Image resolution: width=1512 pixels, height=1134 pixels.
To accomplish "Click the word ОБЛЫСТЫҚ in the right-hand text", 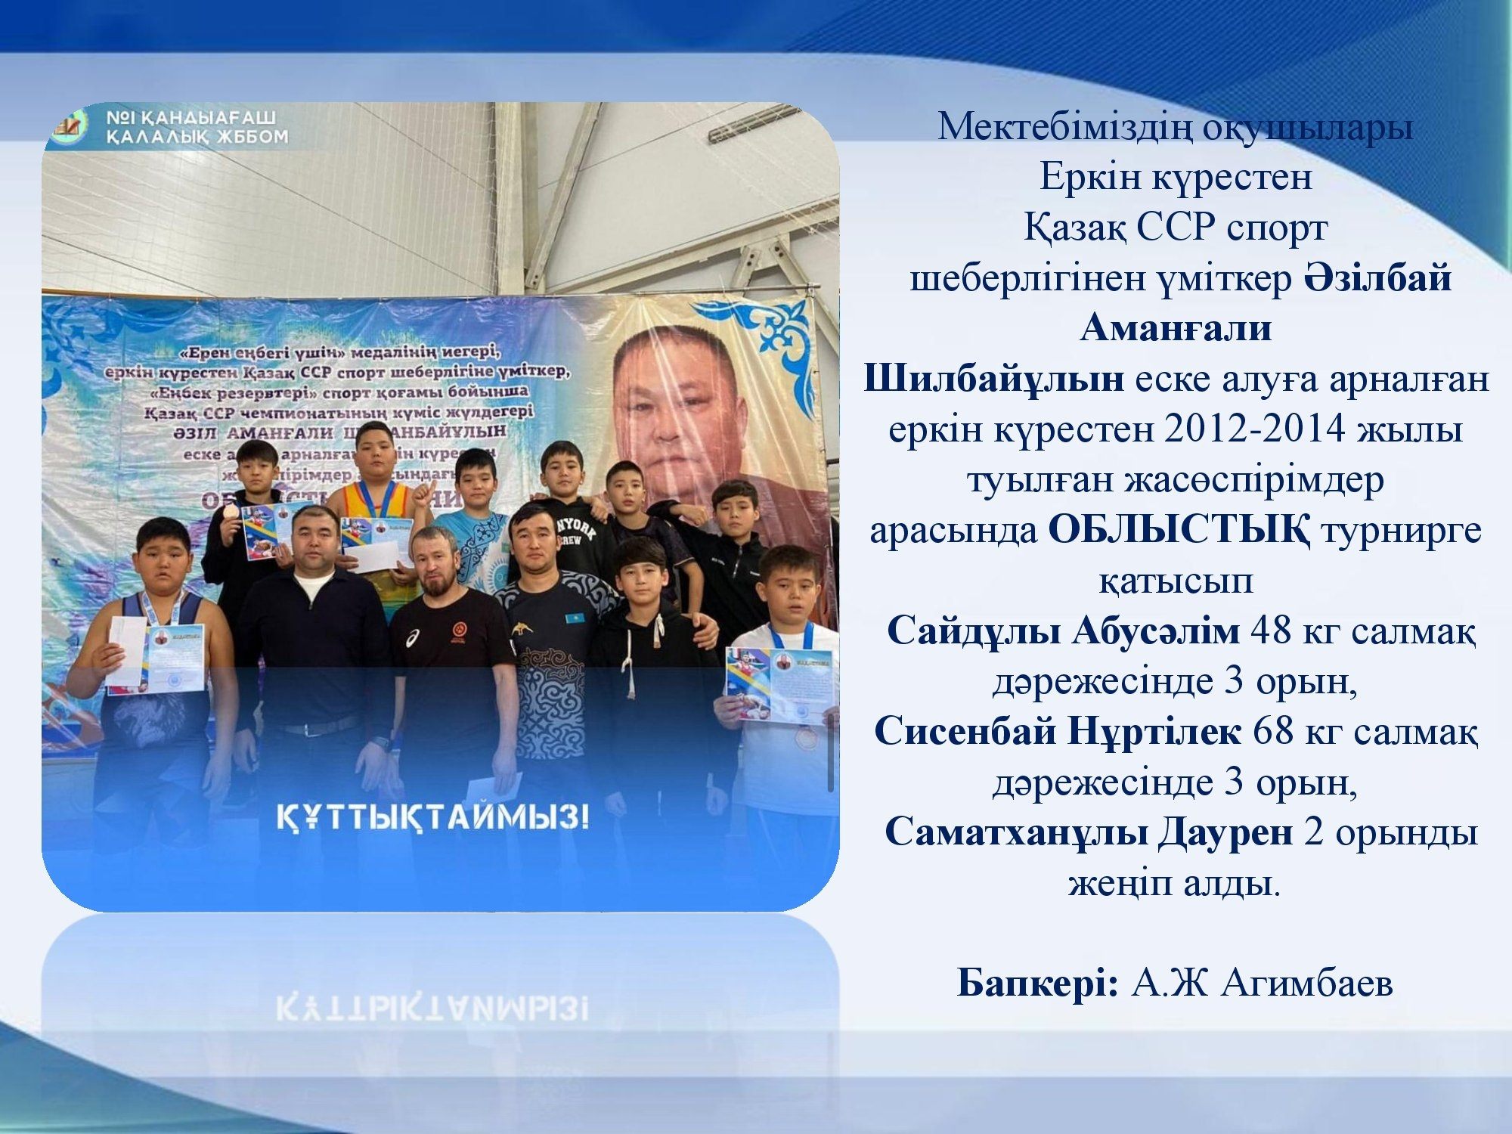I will tap(1179, 531).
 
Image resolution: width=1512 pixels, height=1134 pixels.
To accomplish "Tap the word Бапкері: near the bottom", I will tap(1037, 984).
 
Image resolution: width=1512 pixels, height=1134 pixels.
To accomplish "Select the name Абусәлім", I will tap(1156, 631).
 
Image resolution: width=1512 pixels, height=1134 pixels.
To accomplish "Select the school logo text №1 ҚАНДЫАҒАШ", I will tap(189, 119).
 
